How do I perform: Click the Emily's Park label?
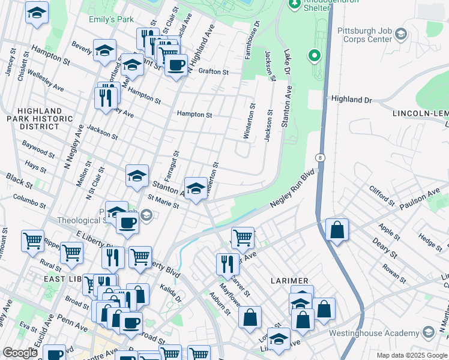click(x=111, y=20)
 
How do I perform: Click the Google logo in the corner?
click(x=20, y=353)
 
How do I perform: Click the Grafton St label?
click(x=214, y=71)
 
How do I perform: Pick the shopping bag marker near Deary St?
click(x=337, y=230)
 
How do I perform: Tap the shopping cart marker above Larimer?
click(x=243, y=237)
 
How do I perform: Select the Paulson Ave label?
click(x=425, y=195)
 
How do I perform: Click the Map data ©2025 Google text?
click(x=411, y=355)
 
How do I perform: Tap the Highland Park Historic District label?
click(x=39, y=119)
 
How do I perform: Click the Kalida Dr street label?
click(x=170, y=294)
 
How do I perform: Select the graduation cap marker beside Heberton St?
click(x=196, y=189)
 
